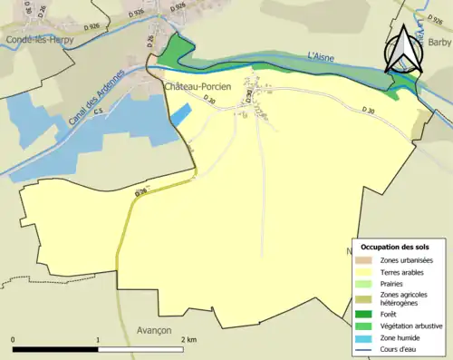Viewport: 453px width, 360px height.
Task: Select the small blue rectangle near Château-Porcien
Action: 182,114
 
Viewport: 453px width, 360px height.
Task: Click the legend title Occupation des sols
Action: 401,247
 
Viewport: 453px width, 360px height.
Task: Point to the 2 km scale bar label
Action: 188,339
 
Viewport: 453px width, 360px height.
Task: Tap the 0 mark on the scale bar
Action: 13,339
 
